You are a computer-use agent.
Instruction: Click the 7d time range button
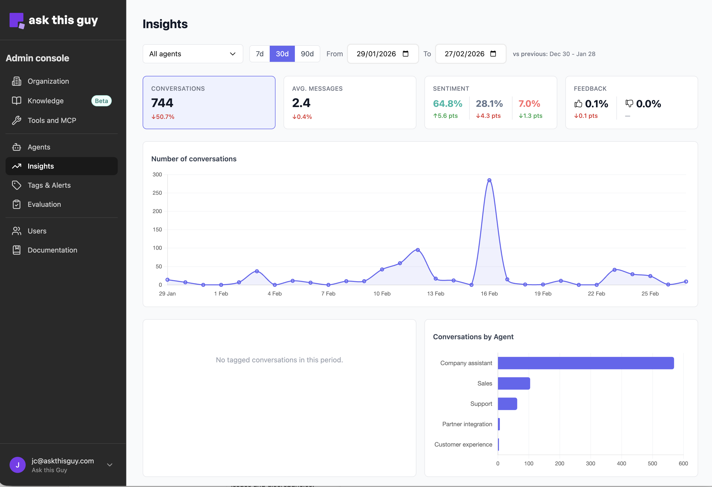click(x=259, y=54)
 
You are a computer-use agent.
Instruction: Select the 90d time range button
click(x=307, y=54)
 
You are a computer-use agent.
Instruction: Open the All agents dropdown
click(x=193, y=54)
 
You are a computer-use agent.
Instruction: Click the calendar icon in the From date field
click(x=405, y=54)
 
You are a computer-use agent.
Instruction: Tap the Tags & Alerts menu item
click(x=49, y=185)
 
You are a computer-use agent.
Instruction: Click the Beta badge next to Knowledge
click(x=101, y=101)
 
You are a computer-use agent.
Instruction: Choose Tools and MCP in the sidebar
click(x=52, y=120)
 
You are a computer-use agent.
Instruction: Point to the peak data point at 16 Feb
click(x=489, y=180)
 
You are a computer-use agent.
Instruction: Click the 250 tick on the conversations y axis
click(x=157, y=193)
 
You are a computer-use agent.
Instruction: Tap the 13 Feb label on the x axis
click(x=435, y=294)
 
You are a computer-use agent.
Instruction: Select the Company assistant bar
click(x=585, y=363)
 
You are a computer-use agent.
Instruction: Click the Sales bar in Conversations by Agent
click(x=514, y=383)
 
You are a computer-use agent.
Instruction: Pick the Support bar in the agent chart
click(x=507, y=404)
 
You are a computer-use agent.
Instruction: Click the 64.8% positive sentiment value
click(x=447, y=104)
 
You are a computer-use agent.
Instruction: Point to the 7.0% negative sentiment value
click(x=529, y=104)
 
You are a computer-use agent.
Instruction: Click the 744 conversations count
click(x=162, y=103)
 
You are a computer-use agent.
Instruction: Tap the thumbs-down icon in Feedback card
click(x=629, y=104)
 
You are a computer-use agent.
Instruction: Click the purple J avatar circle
click(x=17, y=465)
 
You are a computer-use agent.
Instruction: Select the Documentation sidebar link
click(x=52, y=250)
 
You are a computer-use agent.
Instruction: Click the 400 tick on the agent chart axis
click(x=621, y=463)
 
